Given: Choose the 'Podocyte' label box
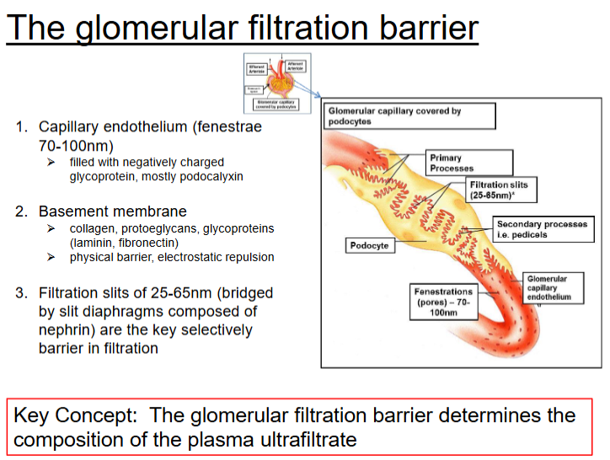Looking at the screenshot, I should click(x=368, y=245).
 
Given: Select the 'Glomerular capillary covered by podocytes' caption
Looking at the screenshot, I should click(x=409, y=115).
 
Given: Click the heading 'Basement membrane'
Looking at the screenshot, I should click(x=113, y=211).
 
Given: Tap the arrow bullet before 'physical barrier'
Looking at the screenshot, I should click(x=51, y=257).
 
